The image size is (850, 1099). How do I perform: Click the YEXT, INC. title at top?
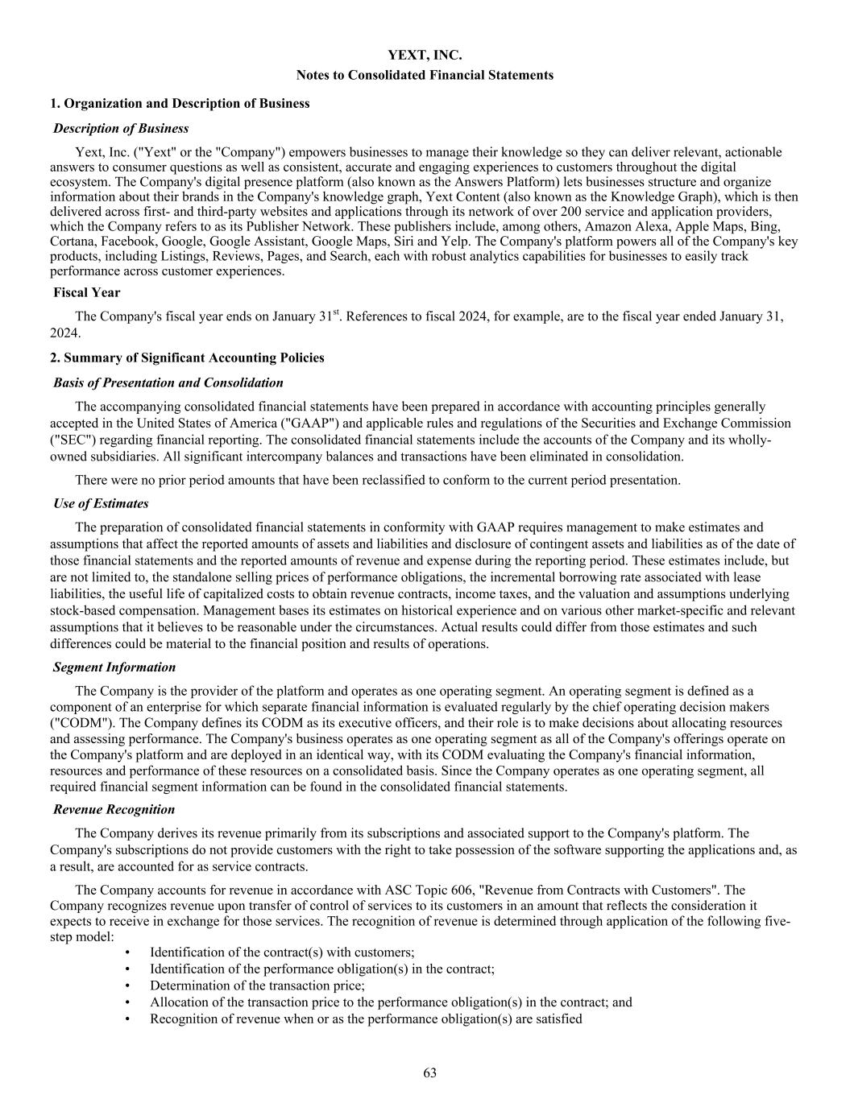pos(425,56)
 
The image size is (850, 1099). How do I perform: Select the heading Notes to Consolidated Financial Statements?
pos(425,75)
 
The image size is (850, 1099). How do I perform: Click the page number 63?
pos(429,1072)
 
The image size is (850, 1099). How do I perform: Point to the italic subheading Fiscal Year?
pos(87,292)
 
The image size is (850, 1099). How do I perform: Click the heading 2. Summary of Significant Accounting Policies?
pos(187,357)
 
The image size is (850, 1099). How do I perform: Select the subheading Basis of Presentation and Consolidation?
pos(168,382)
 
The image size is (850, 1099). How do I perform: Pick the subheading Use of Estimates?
pos(101,503)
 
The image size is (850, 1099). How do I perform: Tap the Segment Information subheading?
pos(114,667)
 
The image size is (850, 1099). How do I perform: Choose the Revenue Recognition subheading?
pos(114,809)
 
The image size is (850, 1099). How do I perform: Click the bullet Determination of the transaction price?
pos(257,985)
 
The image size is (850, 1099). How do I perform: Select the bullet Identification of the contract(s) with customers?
pos(282,952)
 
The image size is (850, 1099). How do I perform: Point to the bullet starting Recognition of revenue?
pos(366,1018)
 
